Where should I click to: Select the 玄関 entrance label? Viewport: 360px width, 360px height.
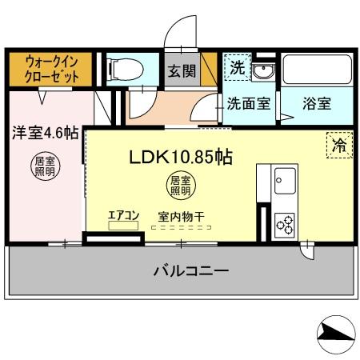click(x=182, y=71)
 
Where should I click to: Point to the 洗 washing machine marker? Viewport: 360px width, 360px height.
click(x=237, y=68)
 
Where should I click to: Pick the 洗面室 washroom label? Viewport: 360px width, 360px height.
click(x=247, y=103)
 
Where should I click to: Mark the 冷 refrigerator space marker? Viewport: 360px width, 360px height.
click(x=339, y=145)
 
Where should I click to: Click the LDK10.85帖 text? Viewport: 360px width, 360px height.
click(x=181, y=157)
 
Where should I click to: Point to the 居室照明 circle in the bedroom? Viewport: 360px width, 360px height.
click(x=43, y=166)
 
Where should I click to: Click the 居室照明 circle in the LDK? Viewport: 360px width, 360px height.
click(x=179, y=186)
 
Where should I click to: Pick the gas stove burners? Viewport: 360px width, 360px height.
click(x=284, y=224)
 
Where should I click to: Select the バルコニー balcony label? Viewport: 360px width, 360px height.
click(x=190, y=270)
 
